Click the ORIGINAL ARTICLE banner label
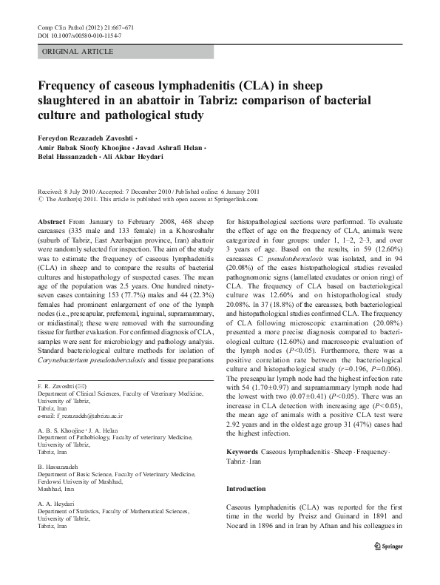tap(78, 51)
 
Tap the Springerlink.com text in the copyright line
tap(233, 198)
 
